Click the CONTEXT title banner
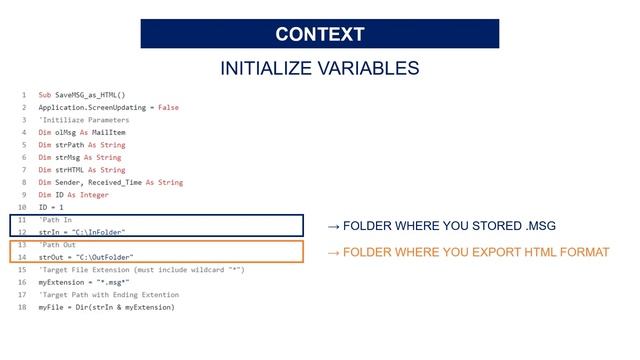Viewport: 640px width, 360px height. (x=319, y=34)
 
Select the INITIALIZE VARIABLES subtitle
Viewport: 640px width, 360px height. (x=319, y=69)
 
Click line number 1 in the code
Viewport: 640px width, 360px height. (x=23, y=95)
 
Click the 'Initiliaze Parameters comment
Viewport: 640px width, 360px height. (x=84, y=120)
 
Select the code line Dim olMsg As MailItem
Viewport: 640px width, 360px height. (x=82, y=132)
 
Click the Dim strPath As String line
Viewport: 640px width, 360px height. (x=82, y=145)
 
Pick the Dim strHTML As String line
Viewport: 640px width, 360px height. (x=82, y=170)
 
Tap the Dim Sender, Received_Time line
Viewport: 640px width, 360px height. (x=110, y=182)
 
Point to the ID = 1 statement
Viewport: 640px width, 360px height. (x=51, y=207)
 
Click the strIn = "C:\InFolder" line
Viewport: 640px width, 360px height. (x=82, y=232)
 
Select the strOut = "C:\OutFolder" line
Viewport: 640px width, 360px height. (x=86, y=257)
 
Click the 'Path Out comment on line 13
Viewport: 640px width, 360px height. (x=57, y=245)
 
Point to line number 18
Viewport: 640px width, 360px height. (x=22, y=307)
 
